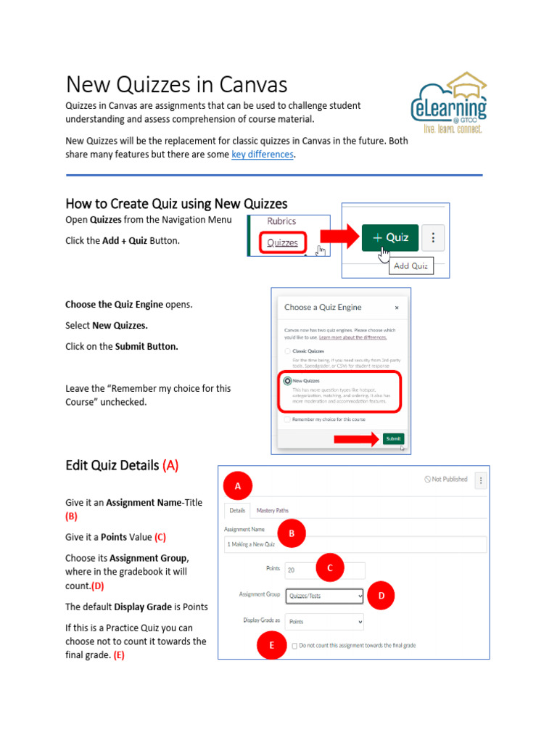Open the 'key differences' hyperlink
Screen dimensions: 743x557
pos(263,155)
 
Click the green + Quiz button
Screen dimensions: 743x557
pos(389,237)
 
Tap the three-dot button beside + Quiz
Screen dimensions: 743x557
pos(433,237)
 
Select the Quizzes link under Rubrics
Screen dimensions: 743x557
pos(282,243)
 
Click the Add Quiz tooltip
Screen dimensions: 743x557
pos(410,266)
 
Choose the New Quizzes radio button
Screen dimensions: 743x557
pos(288,380)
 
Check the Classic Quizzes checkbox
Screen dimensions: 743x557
pos(288,350)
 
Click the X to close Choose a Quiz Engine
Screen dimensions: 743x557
pos(397,308)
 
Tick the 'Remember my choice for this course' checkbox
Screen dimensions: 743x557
pos(288,419)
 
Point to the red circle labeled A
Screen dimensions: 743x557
pos(237,486)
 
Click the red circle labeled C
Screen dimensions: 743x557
pos(330,568)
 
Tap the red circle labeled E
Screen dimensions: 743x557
pos(272,644)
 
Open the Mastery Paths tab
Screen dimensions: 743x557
pos(272,511)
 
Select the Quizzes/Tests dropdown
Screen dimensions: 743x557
pos(321,596)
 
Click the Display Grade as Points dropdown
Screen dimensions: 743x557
pos(323,622)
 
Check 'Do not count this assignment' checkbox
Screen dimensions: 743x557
pos(294,645)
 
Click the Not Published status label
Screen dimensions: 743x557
pos(446,480)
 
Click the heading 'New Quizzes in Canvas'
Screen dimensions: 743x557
pos(177,85)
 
